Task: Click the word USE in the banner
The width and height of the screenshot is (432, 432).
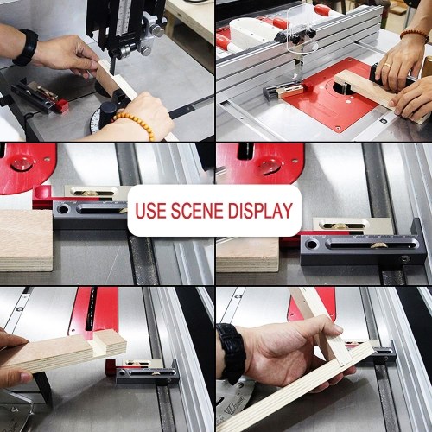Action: [151, 211]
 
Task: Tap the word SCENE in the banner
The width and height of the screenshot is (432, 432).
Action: [197, 211]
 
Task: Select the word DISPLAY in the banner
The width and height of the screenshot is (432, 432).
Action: [261, 211]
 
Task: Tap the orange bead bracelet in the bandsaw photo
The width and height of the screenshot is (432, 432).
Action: [136, 124]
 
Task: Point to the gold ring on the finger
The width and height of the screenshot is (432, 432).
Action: [388, 66]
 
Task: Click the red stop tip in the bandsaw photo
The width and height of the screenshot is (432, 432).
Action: [62, 105]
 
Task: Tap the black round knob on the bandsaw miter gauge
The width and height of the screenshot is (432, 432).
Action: [108, 111]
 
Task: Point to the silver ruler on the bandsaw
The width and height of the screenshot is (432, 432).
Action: [124, 15]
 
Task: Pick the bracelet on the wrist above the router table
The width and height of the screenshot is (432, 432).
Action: [414, 35]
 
